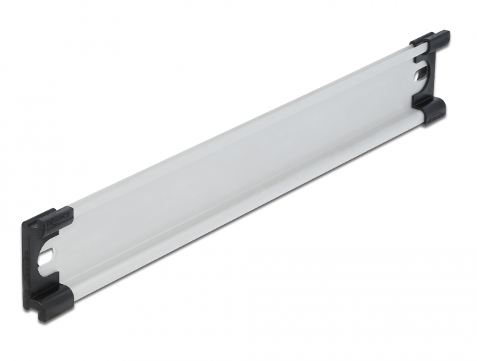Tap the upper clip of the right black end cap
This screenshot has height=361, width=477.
click(x=432, y=40)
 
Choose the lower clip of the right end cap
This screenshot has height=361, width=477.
click(x=429, y=109)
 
